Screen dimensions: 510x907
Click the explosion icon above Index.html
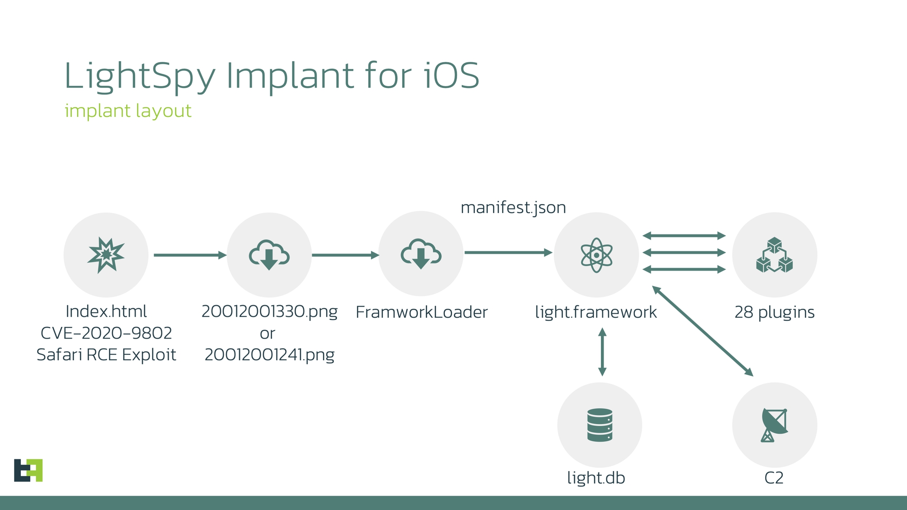point(106,255)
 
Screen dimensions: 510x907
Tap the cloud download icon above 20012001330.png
point(269,255)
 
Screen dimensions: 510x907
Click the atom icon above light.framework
point(596,255)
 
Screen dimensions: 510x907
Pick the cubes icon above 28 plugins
point(774,255)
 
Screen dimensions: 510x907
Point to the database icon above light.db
point(600,425)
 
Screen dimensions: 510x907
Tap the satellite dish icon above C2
point(774,425)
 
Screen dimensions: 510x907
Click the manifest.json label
point(513,208)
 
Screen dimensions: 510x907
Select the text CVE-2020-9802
point(106,333)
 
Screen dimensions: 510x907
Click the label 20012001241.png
point(269,355)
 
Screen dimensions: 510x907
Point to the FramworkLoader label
point(421,312)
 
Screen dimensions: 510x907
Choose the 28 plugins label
point(774,312)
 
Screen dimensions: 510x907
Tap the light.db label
point(596,478)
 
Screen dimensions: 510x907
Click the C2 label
point(774,478)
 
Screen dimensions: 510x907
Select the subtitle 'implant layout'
point(128,111)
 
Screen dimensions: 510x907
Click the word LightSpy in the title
point(140,76)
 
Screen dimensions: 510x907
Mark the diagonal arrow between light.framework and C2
point(702,331)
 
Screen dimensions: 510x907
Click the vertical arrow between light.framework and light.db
point(602,352)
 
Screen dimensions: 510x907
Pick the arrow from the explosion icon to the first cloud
point(190,255)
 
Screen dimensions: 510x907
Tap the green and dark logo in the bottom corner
point(28,470)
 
